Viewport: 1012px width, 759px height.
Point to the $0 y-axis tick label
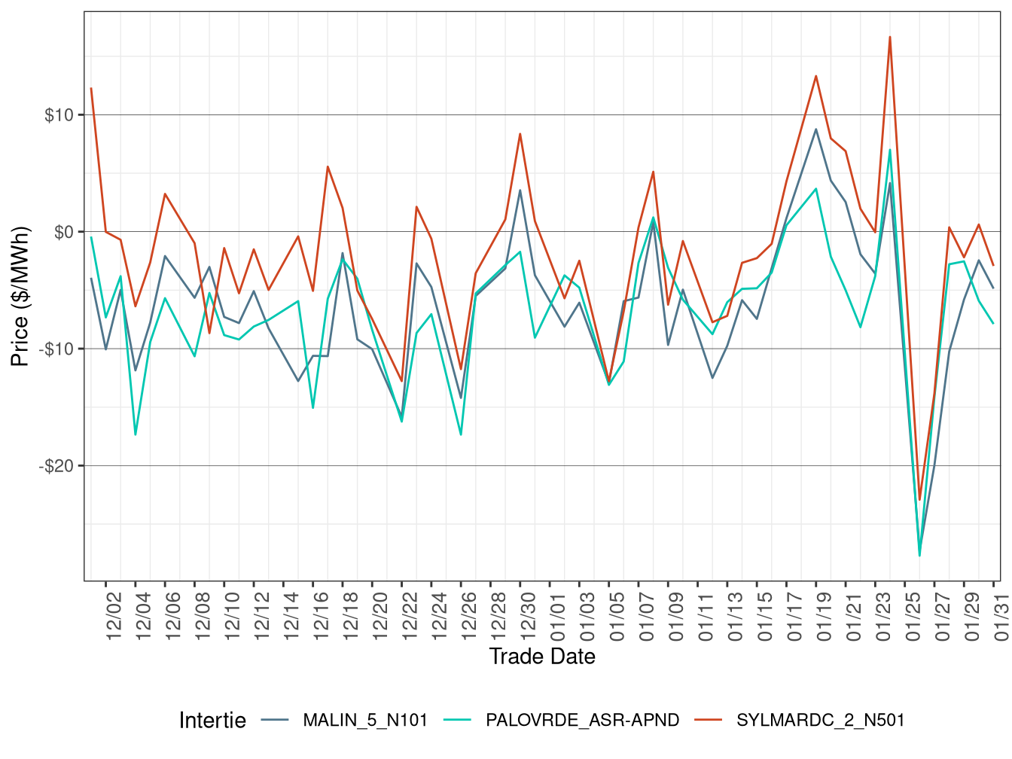64,232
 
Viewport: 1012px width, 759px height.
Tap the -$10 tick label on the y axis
56,349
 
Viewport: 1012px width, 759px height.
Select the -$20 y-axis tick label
56,466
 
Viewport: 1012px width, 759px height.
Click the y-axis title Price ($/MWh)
20,296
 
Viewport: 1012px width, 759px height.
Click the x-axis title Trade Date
541,657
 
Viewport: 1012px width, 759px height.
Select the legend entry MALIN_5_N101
364,721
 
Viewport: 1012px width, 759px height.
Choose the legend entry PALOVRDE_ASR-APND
582,721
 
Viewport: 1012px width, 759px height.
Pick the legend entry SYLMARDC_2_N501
820,721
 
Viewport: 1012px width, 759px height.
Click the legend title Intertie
212,721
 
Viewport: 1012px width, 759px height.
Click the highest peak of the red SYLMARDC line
890,37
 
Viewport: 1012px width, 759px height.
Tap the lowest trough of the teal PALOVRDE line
919,556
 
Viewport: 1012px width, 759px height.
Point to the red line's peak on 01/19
815,75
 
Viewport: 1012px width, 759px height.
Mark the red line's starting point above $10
91,88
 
